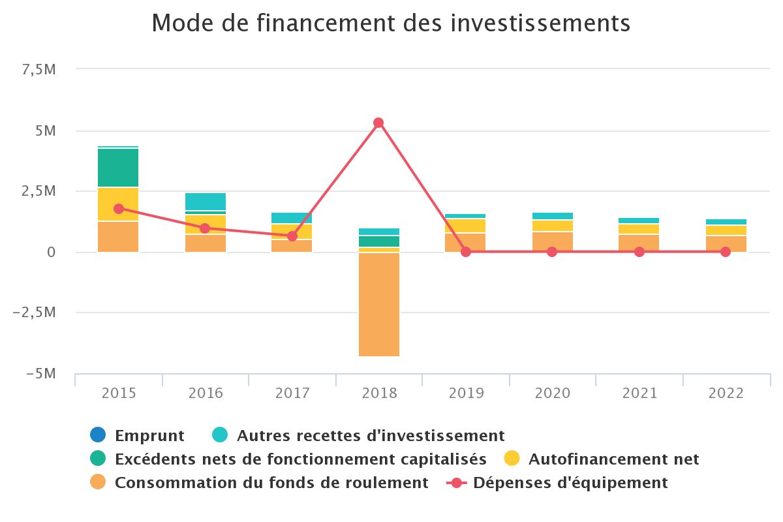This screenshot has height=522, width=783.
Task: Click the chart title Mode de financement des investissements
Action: pyautogui.click(x=391, y=23)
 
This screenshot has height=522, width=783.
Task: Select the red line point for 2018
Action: pyautogui.click(x=378, y=123)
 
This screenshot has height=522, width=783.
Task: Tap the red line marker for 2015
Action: pyautogui.click(x=119, y=209)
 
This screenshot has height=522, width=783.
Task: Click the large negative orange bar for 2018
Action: pyautogui.click(x=379, y=304)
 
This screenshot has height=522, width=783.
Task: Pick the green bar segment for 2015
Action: pyautogui.click(x=118, y=168)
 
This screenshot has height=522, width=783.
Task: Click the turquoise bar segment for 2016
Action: pyautogui.click(x=206, y=201)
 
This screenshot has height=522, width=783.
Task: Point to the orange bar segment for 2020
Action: pyautogui.click(x=553, y=242)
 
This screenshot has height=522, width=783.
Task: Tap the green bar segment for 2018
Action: pyautogui.click(x=379, y=241)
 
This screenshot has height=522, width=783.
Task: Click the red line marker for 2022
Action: pyautogui.click(x=726, y=252)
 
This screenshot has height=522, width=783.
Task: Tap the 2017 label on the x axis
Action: pyautogui.click(x=292, y=393)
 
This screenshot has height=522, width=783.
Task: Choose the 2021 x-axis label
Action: pyautogui.click(x=639, y=393)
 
